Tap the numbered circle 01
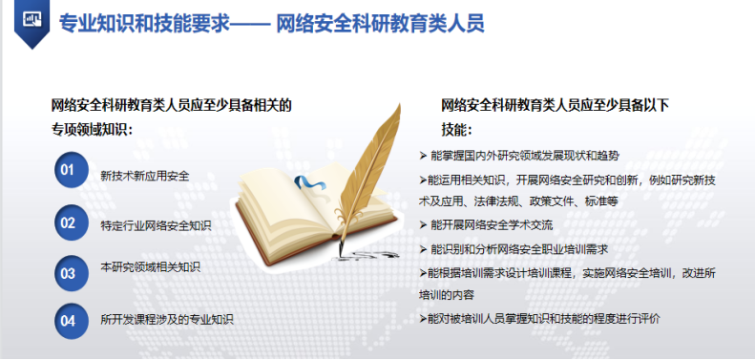[68, 171]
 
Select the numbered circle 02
[68, 222]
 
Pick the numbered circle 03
[68, 273]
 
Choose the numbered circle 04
[68, 321]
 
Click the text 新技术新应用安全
[144, 176]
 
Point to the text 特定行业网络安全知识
[156, 225]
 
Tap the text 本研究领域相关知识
[150, 274]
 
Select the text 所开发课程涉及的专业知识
[167, 320]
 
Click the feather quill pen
[376, 167]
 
